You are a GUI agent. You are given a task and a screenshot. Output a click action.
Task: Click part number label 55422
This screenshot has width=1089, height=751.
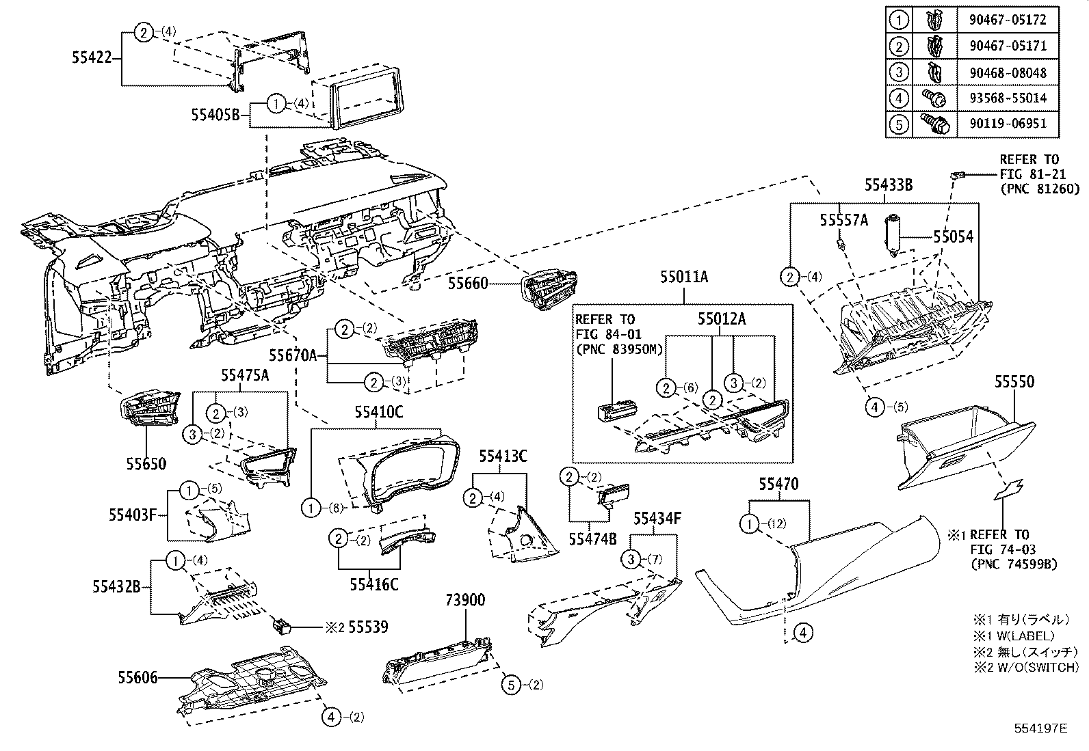tap(91, 59)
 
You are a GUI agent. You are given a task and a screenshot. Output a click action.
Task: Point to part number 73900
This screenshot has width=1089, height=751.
tap(465, 600)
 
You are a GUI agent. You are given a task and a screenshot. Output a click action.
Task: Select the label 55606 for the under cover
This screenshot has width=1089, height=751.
tap(137, 677)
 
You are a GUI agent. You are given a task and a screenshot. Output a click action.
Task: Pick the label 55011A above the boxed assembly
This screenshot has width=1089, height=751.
tap(684, 277)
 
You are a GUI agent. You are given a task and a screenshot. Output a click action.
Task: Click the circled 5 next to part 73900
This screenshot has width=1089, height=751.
tap(512, 685)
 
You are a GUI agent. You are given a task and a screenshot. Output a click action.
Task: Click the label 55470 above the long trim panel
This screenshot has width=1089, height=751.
tap(778, 484)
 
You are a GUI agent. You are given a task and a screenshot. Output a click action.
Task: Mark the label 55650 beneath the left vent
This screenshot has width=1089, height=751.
tap(145, 464)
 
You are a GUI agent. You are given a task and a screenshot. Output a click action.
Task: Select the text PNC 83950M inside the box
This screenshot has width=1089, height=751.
tap(619, 350)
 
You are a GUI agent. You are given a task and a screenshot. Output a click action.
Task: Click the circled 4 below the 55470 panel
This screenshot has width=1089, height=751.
tap(804, 633)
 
